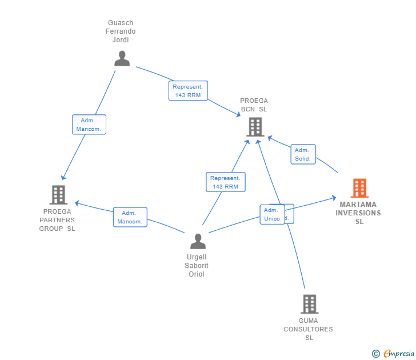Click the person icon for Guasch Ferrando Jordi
pyautogui.click(x=122, y=58)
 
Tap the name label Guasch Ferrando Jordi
pyautogui.click(x=121, y=31)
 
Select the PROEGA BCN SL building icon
pyautogui.click(x=255, y=127)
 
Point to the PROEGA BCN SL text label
pyautogui.click(x=254, y=105)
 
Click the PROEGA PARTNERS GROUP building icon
pyautogui.click(x=58, y=195)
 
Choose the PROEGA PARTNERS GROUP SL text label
pyautogui.click(x=57, y=220)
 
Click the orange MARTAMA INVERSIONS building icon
pyautogui.click(x=359, y=188)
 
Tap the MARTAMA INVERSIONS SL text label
pyautogui.click(x=358, y=213)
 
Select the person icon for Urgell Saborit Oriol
pyautogui.click(x=198, y=242)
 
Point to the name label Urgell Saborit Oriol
pyautogui.click(x=197, y=266)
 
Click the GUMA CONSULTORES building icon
pyautogui.click(x=309, y=304)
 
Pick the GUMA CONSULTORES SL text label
pyautogui.click(x=308, y=329)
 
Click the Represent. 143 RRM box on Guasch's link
pyautogui.click(x=188, y=91)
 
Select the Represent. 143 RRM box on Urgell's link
pyautogui.click(x=225, y=182)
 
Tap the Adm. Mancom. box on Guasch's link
pyautogui.click(x=89, y=125)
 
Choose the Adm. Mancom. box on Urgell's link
pyautogui.click(x=130, y=217)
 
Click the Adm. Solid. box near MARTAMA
pyautogui.click(x=303, y=154)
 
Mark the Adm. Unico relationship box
pyautogui.click(x=271, y=214)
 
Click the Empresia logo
pyautogui.click(x=398, y=354)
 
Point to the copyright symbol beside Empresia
pyautogui.click(x=376, y=354)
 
